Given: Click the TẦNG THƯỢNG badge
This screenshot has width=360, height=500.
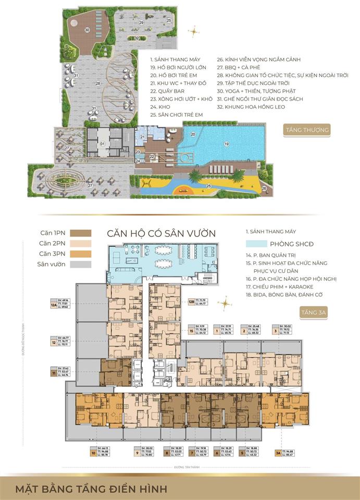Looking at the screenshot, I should (314, 130).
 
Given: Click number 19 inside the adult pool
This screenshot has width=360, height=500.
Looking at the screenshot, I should (226, 143).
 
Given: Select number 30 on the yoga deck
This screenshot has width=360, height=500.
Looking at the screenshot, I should (88, 30).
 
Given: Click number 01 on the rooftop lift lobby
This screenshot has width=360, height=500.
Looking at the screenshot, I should (103, 144).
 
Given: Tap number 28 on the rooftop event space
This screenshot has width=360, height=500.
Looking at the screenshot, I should (97, 83).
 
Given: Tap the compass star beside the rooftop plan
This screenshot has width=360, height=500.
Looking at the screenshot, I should (194, 32).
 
